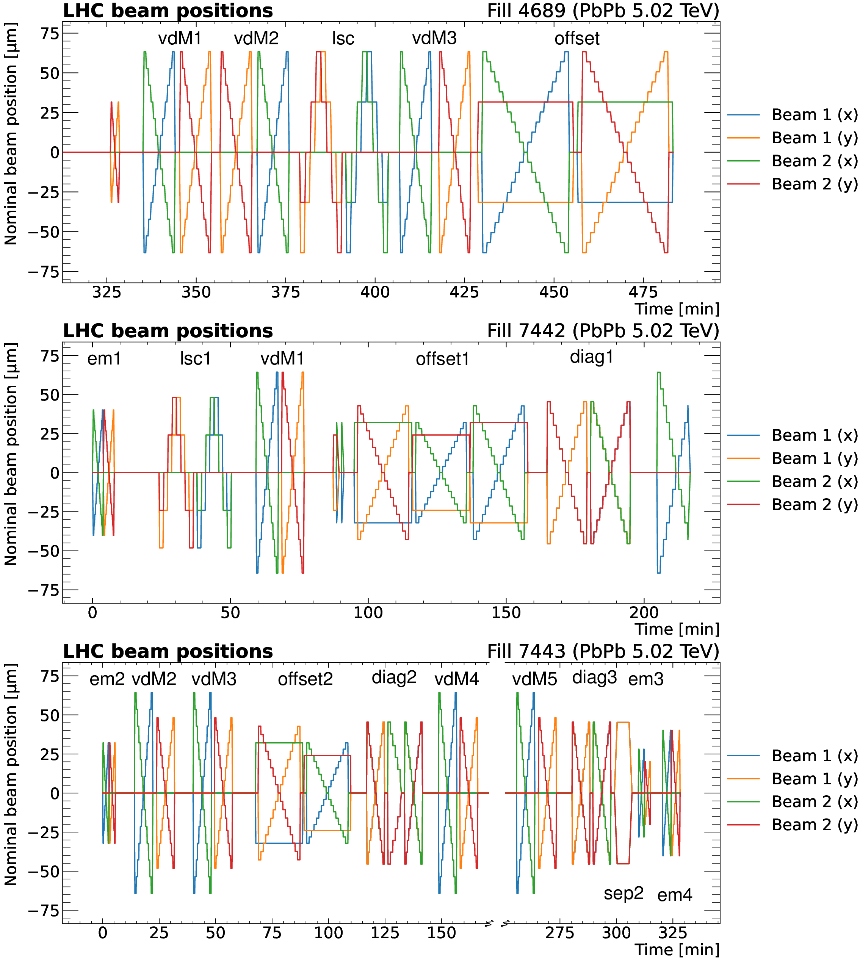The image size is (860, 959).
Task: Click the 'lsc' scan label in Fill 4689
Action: pos(343,38)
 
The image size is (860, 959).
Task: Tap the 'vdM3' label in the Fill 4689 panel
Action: pos(434,38)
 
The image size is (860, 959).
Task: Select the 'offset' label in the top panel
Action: pos(577,38)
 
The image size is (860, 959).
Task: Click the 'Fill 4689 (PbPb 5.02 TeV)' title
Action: pos(603,10)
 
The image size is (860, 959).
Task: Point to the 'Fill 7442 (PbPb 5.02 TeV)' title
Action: pos(603,331)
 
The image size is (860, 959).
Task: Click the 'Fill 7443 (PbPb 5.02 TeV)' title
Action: pos(603,651)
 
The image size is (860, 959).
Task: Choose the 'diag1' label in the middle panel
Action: pos(592,357)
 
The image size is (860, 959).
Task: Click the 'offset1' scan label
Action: pos(443,360)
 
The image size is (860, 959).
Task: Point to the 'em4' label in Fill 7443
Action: pos(675,895)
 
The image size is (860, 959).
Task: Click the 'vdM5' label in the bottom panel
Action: pos(534,679)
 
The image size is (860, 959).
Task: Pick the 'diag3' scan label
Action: pos(594,677)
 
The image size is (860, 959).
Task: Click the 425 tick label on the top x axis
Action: pos(465,293)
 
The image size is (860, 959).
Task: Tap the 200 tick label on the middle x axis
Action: pos(644,613)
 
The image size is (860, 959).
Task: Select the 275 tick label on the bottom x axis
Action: pos(560,933)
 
